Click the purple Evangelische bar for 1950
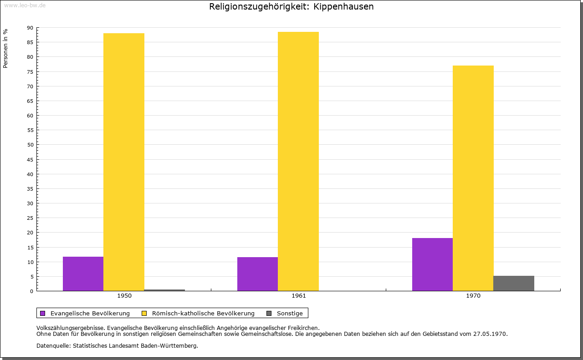coord(83,274)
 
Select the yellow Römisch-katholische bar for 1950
coord(124,162)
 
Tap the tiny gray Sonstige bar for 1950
coord(164,290)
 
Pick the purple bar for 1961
coord(257,274)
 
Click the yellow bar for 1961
coord(298,161)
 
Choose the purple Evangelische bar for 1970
coord(432,264)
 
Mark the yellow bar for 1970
coord(473,178)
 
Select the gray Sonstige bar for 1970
coord(514,283)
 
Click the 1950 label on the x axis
coord(124,296)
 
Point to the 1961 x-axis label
coord(299,296)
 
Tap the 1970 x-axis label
coord(473,296)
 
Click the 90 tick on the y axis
coord(30,28)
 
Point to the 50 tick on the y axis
coord(30,145)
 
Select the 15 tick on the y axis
coord(30,248)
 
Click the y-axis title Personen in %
coord(5,48)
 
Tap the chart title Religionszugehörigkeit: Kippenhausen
coord(291,7)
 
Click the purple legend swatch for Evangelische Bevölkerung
coord(43,313)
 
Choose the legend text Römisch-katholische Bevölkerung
coord(203,313)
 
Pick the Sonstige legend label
coord(290,313)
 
